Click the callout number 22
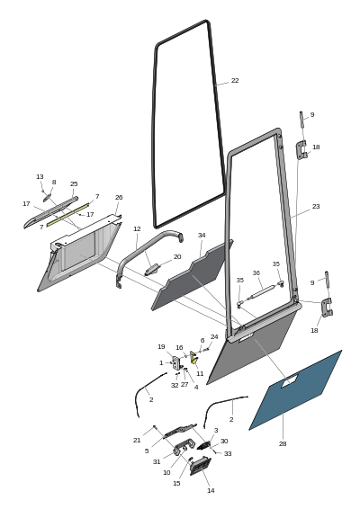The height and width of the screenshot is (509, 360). click(235, 81)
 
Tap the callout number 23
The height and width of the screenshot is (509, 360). click(316, 207)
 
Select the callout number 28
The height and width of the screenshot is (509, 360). click(283, 443)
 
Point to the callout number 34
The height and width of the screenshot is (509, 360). click(202, 235)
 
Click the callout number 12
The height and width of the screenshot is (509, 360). click(137, 228)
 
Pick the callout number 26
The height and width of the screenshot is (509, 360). click(119, 197)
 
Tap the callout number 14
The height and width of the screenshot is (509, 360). click(211, 490)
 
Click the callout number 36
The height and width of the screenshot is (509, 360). click(256, 273)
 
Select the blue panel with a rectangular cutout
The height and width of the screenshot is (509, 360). click(295, 390)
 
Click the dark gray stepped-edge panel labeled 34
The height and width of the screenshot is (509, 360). click(192, 276)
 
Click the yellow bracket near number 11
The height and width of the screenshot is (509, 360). click(194, 357)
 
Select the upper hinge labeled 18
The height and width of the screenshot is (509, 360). click(301, 149)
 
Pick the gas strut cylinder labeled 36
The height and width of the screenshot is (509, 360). click(263, 292)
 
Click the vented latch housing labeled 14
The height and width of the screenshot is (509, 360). click(200, 466)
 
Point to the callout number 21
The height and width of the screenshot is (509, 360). click(137, 440)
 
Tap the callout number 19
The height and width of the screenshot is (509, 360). click(161, 347)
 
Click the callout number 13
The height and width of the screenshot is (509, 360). click(40, 177)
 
